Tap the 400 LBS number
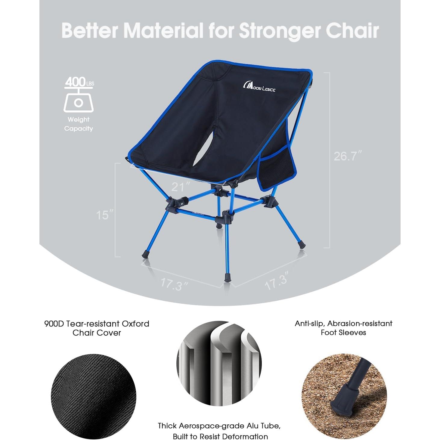[75, 82]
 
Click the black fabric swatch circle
[94, 396]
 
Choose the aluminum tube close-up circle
[219, 363]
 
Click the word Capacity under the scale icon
[79, 129]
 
